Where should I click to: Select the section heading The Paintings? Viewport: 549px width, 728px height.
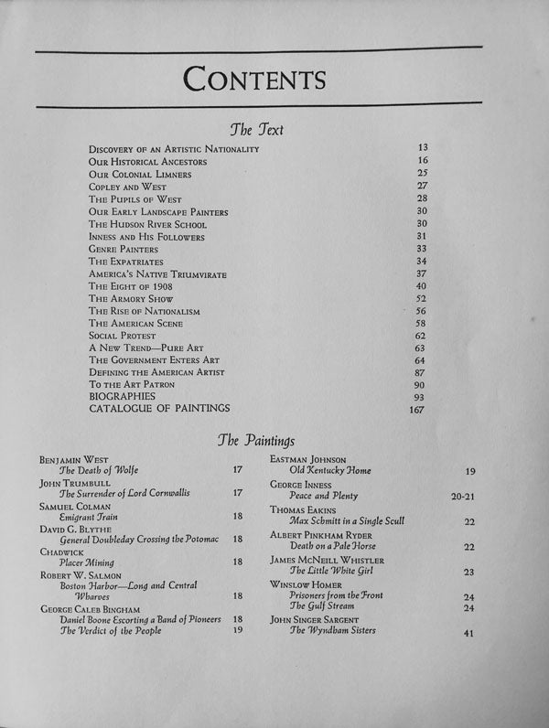[256, 440]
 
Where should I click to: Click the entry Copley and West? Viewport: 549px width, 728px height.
[128, 187]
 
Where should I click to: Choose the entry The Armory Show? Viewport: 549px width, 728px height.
[131, 299]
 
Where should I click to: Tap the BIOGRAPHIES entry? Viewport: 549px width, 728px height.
[129, 397]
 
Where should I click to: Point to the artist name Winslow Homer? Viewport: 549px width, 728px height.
[307, 583]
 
